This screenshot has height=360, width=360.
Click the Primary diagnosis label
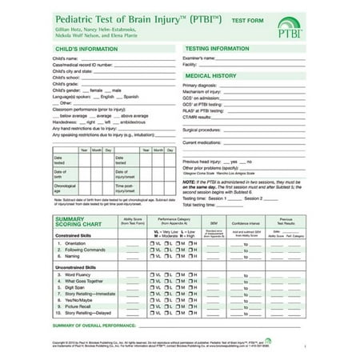(199, 85)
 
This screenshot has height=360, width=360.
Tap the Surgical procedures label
(201, 130)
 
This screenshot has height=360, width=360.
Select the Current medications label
(202, 142)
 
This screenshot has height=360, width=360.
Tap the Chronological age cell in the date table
(65, 187)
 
